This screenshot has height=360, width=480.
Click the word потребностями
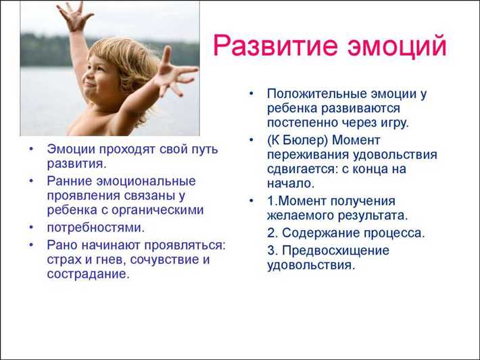tap(95, 227)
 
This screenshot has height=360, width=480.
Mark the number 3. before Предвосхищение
tap(272, 250)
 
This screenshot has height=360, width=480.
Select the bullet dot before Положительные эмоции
tap(251, 93)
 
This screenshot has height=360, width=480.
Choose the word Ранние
tap(69, 181)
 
